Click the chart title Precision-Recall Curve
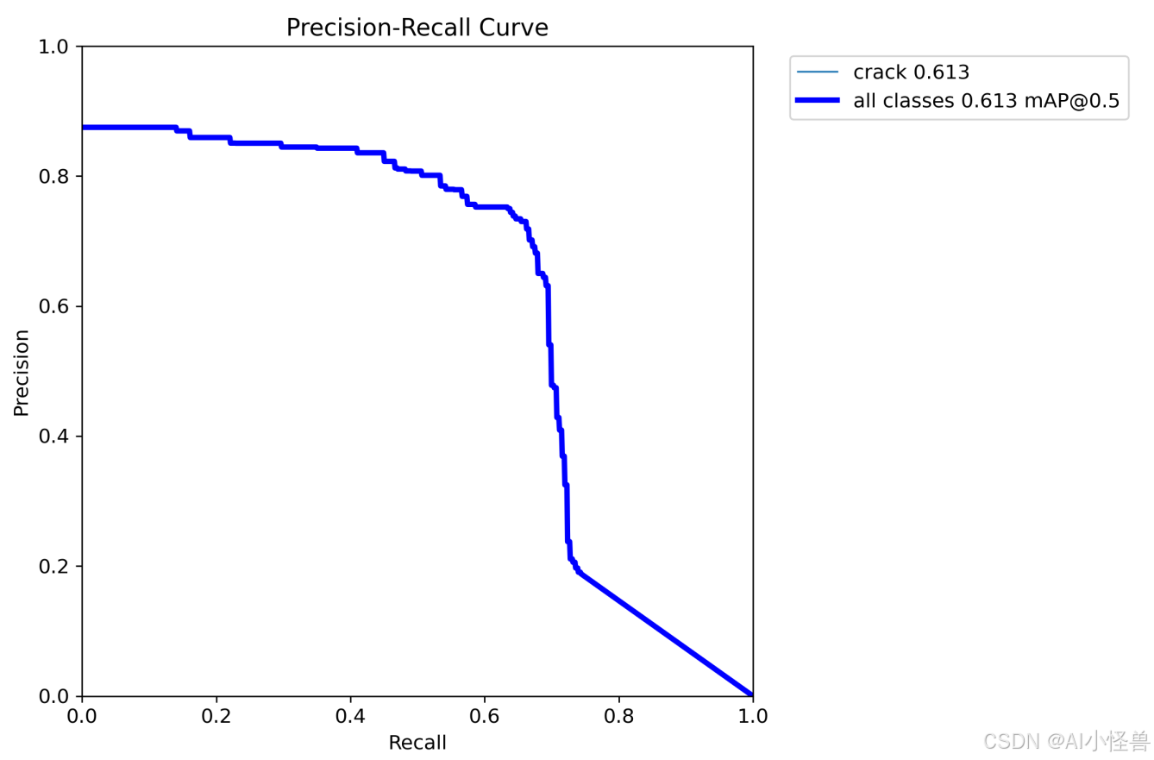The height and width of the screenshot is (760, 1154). point(417,28)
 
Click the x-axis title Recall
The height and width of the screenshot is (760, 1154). point(417,743)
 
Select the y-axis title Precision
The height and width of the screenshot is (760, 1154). point(22,372)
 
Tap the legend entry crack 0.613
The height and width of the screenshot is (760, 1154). point(911,72)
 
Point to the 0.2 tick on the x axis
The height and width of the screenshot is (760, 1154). point(216,715)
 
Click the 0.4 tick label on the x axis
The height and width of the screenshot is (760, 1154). point(350,715)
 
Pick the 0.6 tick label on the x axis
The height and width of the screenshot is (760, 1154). point(484,715)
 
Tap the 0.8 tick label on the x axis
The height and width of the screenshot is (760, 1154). point(618,715)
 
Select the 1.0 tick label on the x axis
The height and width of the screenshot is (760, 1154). point(752,715)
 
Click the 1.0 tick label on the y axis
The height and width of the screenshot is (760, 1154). point(58,47)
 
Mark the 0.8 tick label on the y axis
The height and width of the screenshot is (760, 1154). point(58,177)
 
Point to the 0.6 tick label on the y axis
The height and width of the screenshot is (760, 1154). point(58,307)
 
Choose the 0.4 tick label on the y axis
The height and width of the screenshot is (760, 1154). point(58,437)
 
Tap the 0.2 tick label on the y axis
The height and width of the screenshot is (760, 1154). point(58,567)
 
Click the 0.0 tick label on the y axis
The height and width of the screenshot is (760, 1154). point(58,696)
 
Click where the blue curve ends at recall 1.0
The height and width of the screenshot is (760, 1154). point(752,695)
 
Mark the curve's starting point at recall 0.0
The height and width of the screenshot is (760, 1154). point(83,128)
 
